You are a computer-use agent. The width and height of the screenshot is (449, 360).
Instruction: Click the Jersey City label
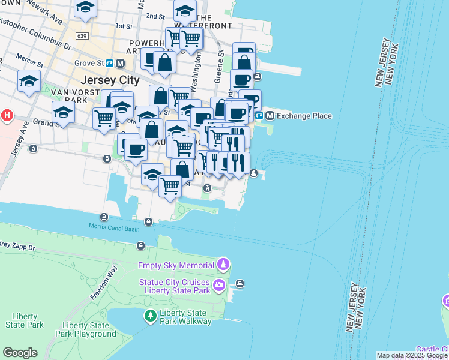click(110, 80)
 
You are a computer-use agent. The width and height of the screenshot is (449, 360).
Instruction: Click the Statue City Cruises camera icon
click(220, 284)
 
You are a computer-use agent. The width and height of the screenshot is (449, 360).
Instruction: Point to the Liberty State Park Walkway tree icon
click(149, 314)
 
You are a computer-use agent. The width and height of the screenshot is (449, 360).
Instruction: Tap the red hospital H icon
click(7, 115)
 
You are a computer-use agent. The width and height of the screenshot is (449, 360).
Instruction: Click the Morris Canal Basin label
click(114, 226)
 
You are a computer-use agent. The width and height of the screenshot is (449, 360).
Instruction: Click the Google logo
click(20, 353)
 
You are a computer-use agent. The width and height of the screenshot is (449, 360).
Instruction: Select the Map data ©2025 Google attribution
click(412, 355)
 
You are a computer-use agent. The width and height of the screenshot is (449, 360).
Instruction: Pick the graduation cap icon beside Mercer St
click(29, 82)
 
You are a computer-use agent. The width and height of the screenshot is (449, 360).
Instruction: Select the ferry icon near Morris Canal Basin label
click(104, 217)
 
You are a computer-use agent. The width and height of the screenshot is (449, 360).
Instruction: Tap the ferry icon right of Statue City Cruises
click(240, 283)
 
